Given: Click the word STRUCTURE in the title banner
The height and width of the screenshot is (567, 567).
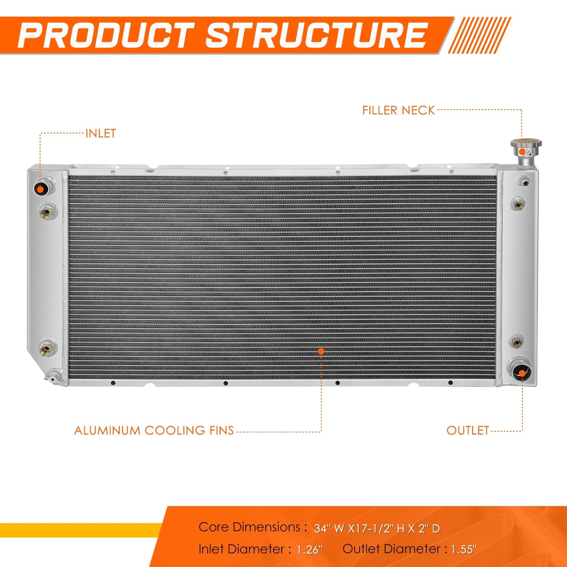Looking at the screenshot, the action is click(x=316, y=35).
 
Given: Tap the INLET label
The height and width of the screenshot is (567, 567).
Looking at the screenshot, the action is click(x=101, y=133).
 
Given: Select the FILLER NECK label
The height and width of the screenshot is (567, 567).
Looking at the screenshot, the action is click(x=399, y=110).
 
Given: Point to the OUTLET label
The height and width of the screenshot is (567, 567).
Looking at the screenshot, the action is click(x=468, y=430).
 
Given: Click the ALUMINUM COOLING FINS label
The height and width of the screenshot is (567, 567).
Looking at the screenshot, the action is click(x=154, y=431).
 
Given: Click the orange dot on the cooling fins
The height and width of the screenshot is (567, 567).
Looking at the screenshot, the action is click(x=321, y=351).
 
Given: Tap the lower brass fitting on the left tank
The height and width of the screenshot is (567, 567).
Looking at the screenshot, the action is click(x=47, y=349).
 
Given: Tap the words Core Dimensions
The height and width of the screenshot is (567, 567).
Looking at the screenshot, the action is click(x=250, y=527).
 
